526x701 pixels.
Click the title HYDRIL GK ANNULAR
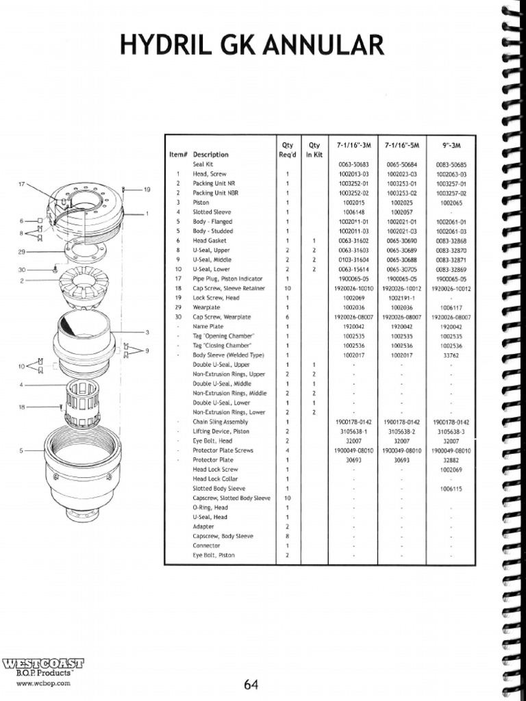pyautogui.click(x=252, y=46)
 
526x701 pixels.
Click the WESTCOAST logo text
pyautogui.click(x=43, y=663)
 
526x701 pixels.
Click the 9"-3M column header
pyautogui.click(x=450, y=145)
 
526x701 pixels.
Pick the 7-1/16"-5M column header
pyautogui.click(x=401, y=145)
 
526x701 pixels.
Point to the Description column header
pyautogui.click(x=210, y=155)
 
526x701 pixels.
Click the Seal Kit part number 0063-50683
pyautogui.click(x=353, y=165)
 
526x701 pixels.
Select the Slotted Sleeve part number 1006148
pyautogui.click(x=353, y=212)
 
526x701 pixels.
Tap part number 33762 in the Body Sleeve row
pyautogui.click(x=450, y=355)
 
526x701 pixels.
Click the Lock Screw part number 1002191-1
pyautogui.click(x=401, y=298)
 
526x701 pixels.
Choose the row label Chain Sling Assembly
pyautogui.click(x=220, y=422)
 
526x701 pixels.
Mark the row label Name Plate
pyautogui.click(x=208, y=327)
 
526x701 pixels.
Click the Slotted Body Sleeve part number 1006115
pyautogui.click(x=450, y=489)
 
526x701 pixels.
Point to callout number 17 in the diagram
pyautogui.click(x=21, y=185)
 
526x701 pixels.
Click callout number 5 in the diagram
pyautogui.click(x=22, y=450)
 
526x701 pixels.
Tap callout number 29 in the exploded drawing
pyautogui.click(x=22, y=252)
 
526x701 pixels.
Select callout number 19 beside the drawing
pyautogui.click(x=146, y=190)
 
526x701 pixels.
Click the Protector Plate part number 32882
pyautogui.click(x=450, y=460)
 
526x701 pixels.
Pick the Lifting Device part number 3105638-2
pyautogui.click(x=401, y=432)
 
